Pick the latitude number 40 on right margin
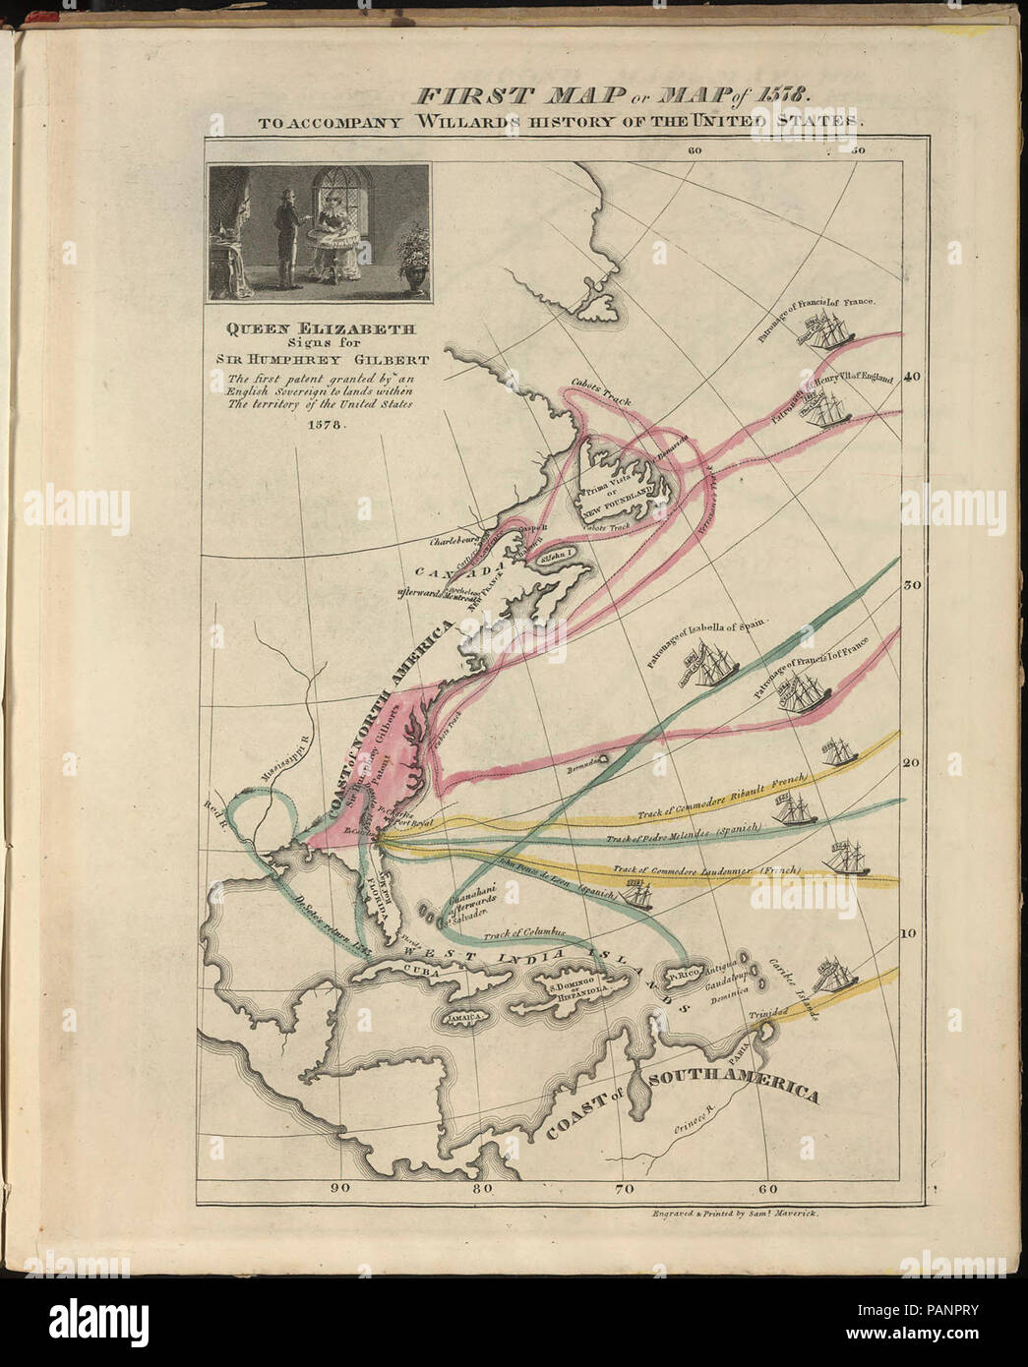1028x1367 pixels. pyautogui.click(x=912, y=376)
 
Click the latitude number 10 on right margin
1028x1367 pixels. pyautogui.click(x=911, y=933)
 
